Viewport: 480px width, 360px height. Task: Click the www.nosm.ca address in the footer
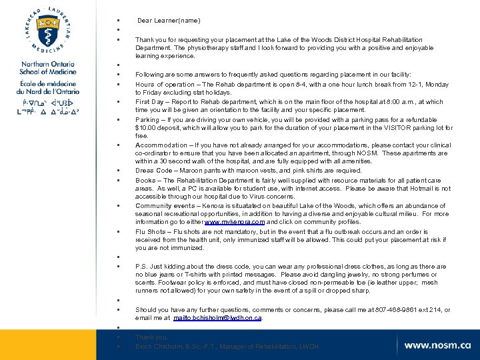[x=437, y=345]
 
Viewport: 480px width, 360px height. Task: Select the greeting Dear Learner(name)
[x=169, y=21]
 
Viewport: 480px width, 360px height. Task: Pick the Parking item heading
[x=149, y=120]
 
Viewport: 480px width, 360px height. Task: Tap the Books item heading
[x=146, y=180]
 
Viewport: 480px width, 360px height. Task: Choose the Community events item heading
[x=166, y=206]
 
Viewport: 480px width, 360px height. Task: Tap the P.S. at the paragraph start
[x=142, y=266]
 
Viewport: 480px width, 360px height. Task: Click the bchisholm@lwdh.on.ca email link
[x=217, y=318]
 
